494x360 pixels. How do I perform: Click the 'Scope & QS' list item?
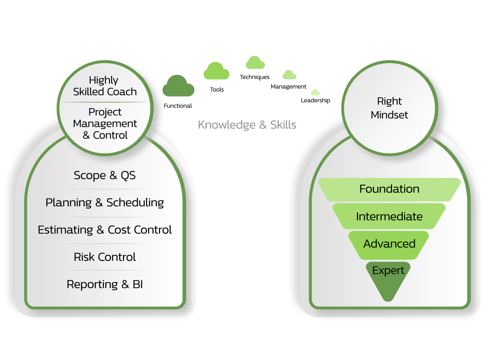105,175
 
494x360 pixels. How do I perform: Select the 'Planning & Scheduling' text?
105,203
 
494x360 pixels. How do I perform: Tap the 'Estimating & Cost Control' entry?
105,230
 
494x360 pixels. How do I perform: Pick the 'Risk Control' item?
105,257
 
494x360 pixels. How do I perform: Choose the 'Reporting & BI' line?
105,284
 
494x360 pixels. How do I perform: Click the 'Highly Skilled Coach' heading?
105,86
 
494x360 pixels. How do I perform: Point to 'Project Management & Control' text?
105,123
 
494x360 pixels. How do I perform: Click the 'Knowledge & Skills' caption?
247,125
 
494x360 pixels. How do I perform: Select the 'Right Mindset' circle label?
389,108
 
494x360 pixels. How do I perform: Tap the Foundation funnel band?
389,189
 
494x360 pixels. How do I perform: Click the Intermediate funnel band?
389,217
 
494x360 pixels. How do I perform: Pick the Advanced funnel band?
389,244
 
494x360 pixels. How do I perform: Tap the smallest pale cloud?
315,92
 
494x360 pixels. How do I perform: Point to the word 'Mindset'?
389,115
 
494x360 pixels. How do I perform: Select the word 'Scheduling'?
135,203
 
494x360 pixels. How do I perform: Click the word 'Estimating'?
65,230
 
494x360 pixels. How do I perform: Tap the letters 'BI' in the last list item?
138,284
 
